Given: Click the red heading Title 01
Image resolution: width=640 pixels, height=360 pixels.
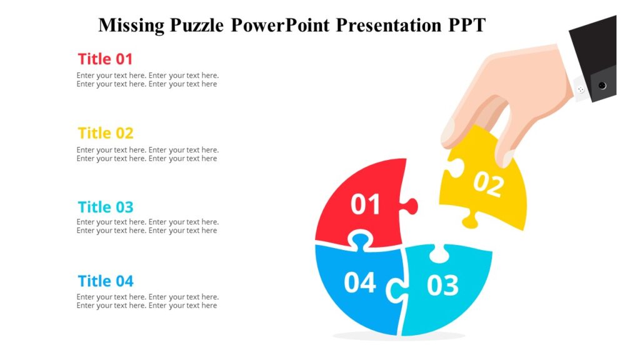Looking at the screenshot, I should (x=105, y=59).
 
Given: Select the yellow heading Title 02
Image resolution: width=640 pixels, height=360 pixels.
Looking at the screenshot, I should (x=106, y=133).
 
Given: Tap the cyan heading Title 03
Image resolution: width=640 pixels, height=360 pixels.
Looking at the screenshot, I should (x=106, y=207).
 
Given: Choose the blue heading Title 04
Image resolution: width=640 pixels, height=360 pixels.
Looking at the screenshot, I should (x=106, y=281).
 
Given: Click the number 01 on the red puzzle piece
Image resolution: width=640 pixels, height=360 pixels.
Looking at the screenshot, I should (x=366, y=205).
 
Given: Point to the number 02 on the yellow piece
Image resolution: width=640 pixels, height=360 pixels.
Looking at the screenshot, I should (x=488, y=184).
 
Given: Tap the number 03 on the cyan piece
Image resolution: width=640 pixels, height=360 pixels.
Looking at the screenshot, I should (x=442, y=285).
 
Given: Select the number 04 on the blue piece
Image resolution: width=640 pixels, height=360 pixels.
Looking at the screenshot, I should (x=360, y=282).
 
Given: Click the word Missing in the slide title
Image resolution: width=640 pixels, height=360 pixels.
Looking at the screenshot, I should (x=131, y=26).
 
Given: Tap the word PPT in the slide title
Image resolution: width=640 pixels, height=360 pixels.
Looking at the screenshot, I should (x=466, y=26).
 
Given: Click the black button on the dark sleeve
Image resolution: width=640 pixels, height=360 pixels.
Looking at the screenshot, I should (x=602, y=85).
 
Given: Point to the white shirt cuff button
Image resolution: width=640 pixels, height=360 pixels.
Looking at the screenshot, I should (x=581, y=90).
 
